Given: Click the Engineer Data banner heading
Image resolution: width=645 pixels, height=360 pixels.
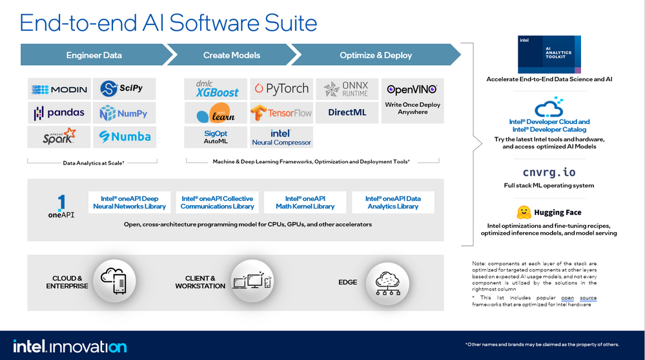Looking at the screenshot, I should point(94,55).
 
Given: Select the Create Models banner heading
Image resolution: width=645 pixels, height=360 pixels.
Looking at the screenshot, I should point(231,55).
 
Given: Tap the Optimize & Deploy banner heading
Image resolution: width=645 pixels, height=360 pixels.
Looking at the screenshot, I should point(376,55).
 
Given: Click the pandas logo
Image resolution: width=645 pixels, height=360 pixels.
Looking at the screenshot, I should point(59,113).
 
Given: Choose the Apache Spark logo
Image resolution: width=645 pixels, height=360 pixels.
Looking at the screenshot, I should point(59,136).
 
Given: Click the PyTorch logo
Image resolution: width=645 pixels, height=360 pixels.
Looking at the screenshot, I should point(280,88).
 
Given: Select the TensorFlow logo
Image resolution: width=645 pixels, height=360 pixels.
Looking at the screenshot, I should point(281,113).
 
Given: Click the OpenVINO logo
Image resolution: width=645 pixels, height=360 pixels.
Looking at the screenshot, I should point(412,90).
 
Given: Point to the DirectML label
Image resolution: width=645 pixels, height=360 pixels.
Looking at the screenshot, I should point(347,113).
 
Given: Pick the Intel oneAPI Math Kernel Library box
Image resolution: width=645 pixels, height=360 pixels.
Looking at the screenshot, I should point(305,202).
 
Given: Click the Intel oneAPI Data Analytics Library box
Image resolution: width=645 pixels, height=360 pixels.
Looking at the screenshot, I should point(393,202).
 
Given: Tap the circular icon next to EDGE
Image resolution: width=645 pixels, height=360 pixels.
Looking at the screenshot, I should point(388,281).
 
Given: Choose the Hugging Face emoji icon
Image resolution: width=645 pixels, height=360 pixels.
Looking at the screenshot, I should point(524,212).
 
